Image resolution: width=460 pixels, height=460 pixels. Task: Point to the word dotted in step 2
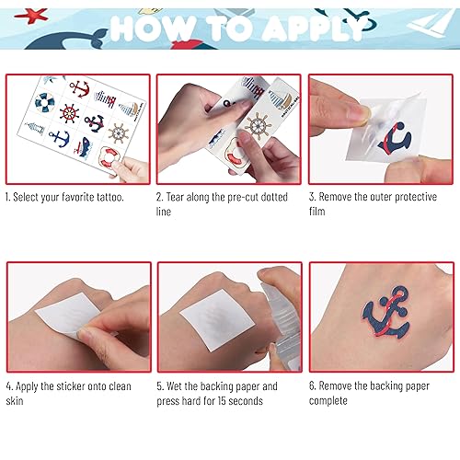click(x=271, y=197)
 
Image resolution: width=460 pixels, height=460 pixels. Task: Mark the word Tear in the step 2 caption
click(x=178, y=197)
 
